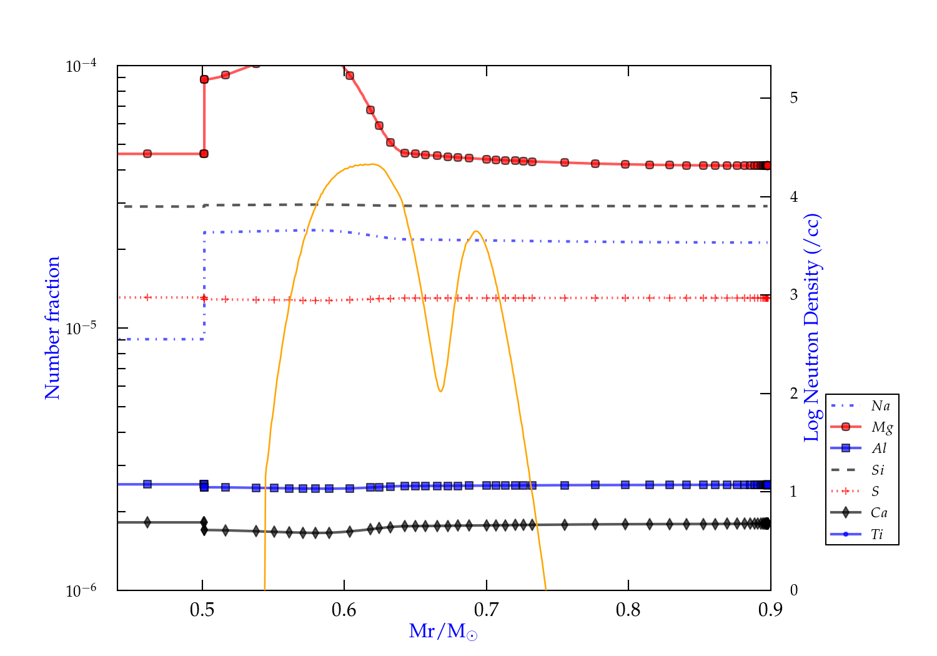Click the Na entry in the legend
point(880,406)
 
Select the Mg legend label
point(881,427)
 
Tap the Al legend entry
point(879,449)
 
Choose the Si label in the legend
point(878,470)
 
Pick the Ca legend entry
point(879,513)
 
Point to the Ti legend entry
point(877,534)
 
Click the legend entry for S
point(875,492)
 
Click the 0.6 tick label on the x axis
point(344,610)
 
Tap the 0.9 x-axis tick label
point(770,610)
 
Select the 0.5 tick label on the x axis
point(202,610)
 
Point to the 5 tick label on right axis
point(793,98)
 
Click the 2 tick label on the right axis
point(793,394)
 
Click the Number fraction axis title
point(52,328)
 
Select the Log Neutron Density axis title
point(811,328)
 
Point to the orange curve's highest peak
point(373,164)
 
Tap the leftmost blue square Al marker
point(147,484)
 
